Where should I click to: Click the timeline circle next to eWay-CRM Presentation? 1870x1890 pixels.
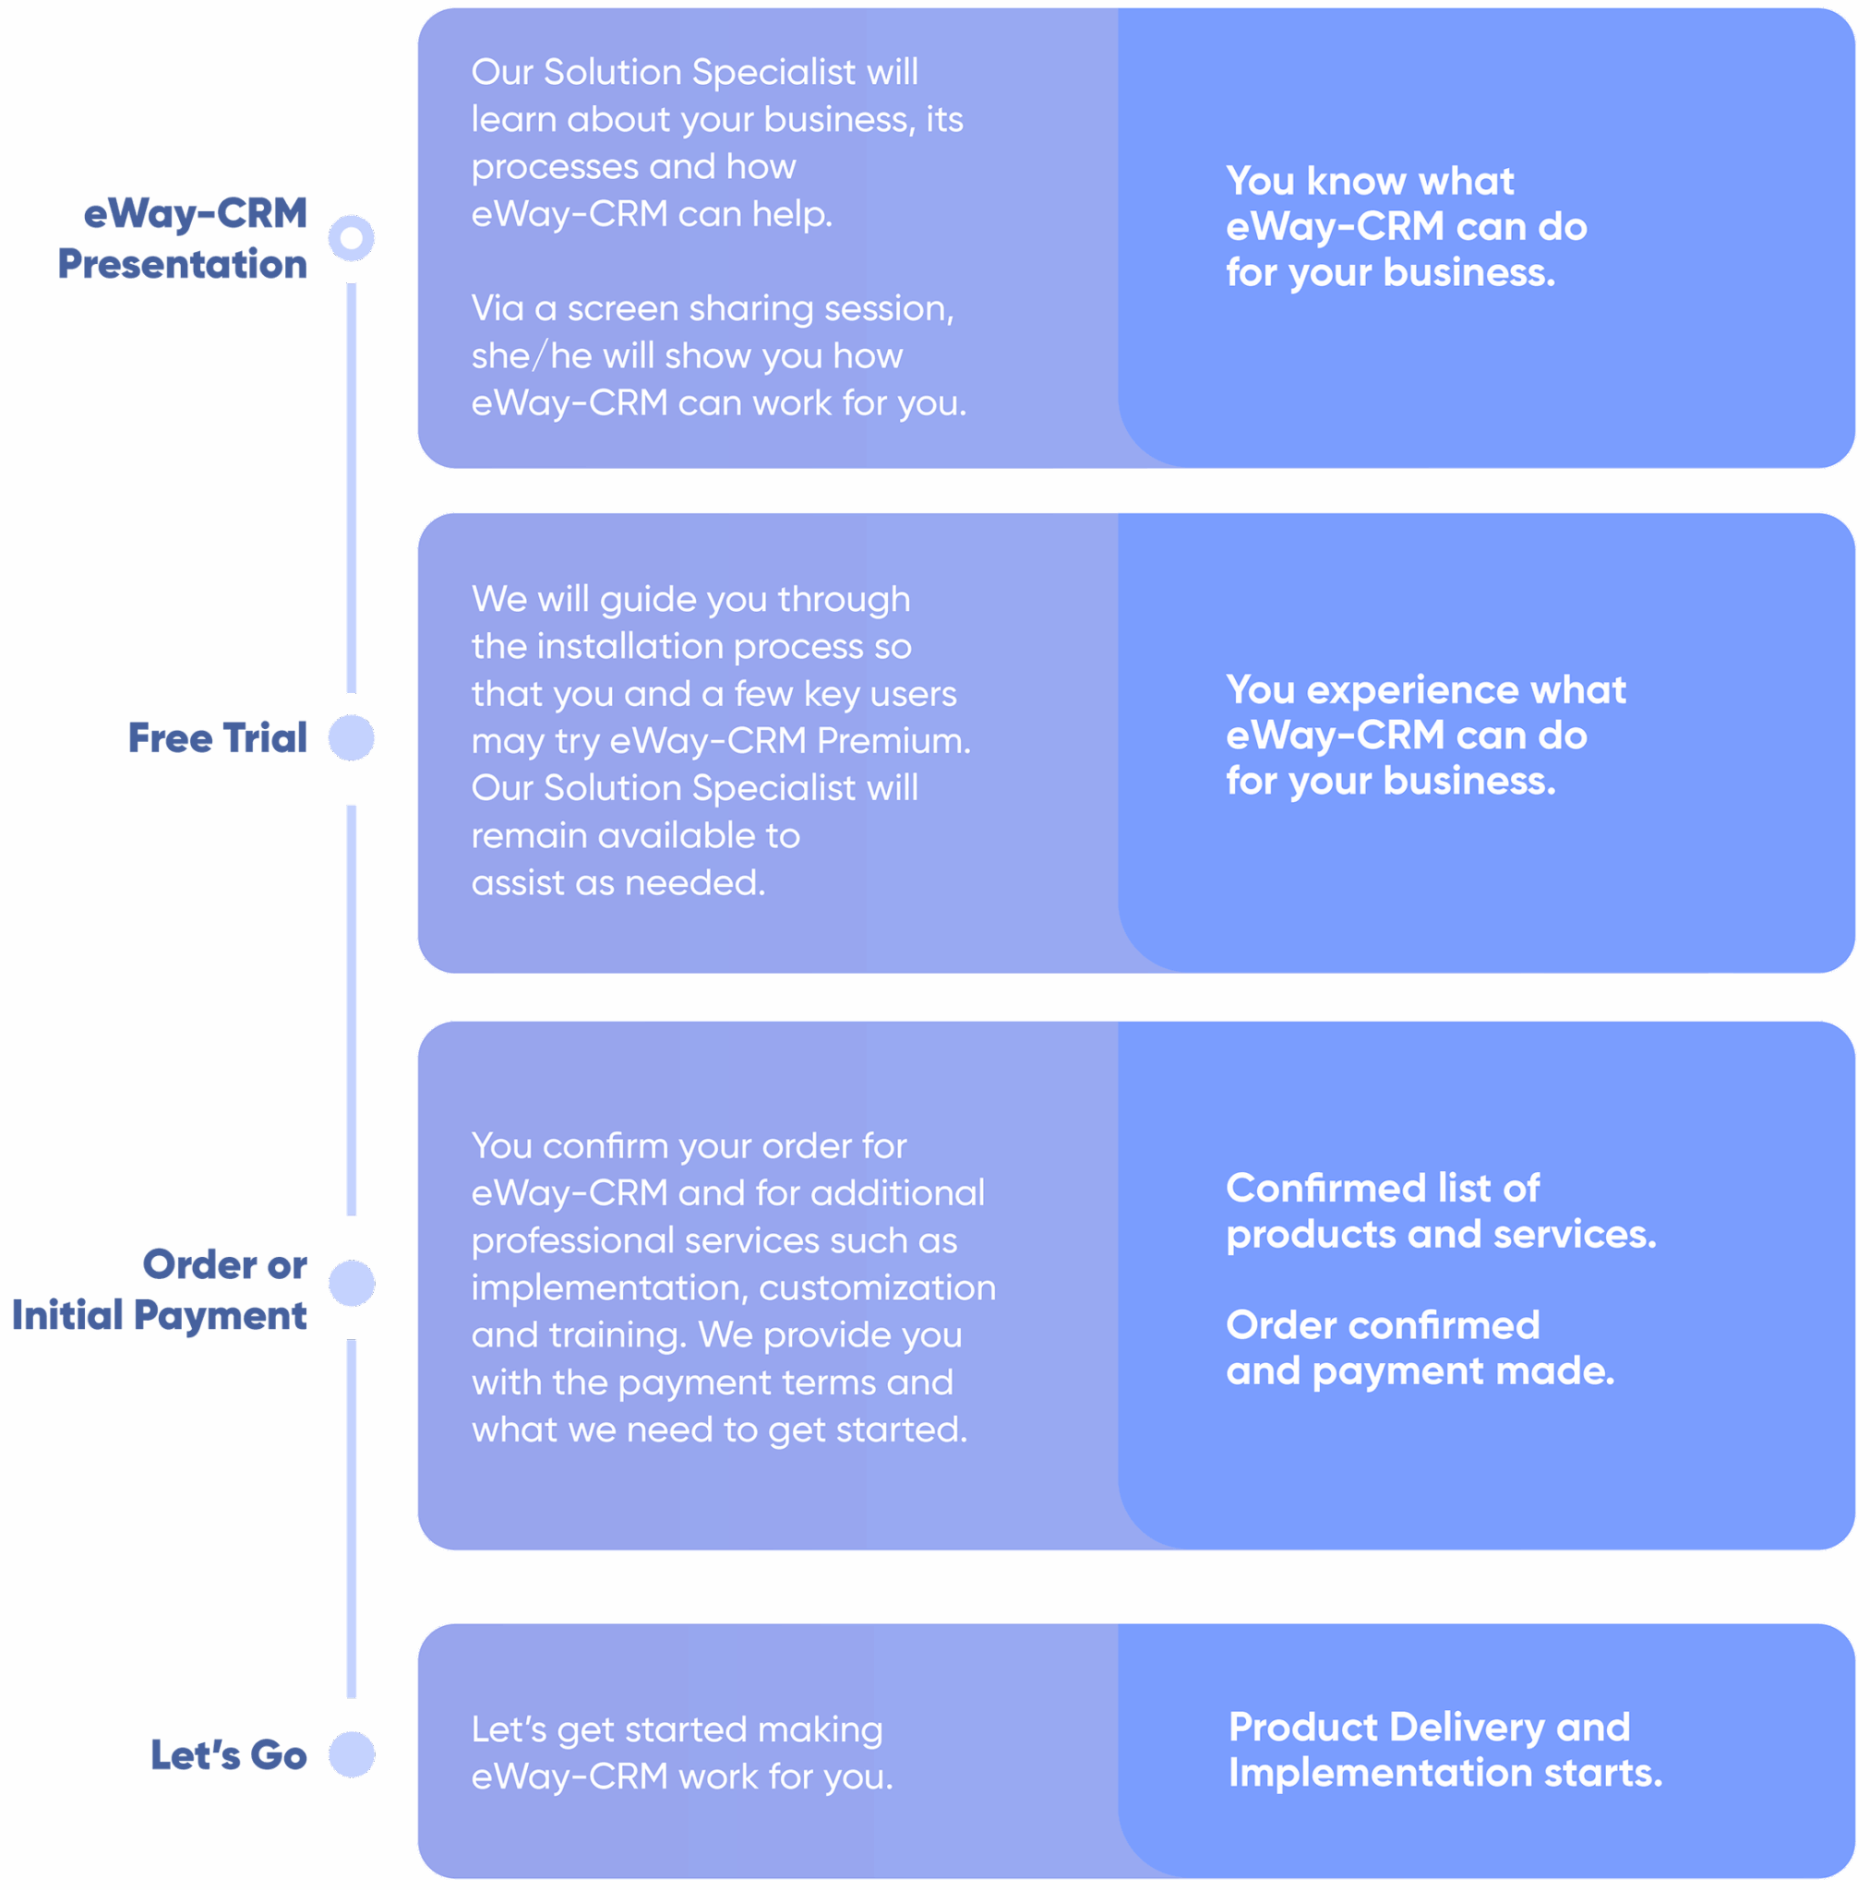[x=352, y=238]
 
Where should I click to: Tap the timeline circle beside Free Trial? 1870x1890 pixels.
[x=352, y=737]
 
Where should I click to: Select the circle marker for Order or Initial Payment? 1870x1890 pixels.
[x=352, y=1283]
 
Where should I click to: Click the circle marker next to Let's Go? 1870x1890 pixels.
[x=352, y=1754]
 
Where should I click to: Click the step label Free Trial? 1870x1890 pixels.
[x=217, y=737]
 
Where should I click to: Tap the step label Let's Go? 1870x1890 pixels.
[x=228, y=1754]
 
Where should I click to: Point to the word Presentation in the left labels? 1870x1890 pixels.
[x=182, y=264]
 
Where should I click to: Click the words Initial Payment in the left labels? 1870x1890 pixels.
[x=160, y=1316]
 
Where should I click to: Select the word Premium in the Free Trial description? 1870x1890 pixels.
[x=893, y=740]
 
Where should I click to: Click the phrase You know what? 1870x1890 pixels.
[x=1369, y=181]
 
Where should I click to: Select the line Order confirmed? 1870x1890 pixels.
[x=1383, y=1324]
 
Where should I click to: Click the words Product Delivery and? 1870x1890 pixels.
[x=1429, y=1727]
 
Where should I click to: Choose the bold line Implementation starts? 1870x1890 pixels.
[x=1444, y=1773]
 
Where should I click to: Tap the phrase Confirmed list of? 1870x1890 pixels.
[x=1382, y=1188]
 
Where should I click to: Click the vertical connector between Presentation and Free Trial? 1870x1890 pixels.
[x=352, y=488]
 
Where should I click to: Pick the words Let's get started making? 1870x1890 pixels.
[x=677, y=1729]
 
